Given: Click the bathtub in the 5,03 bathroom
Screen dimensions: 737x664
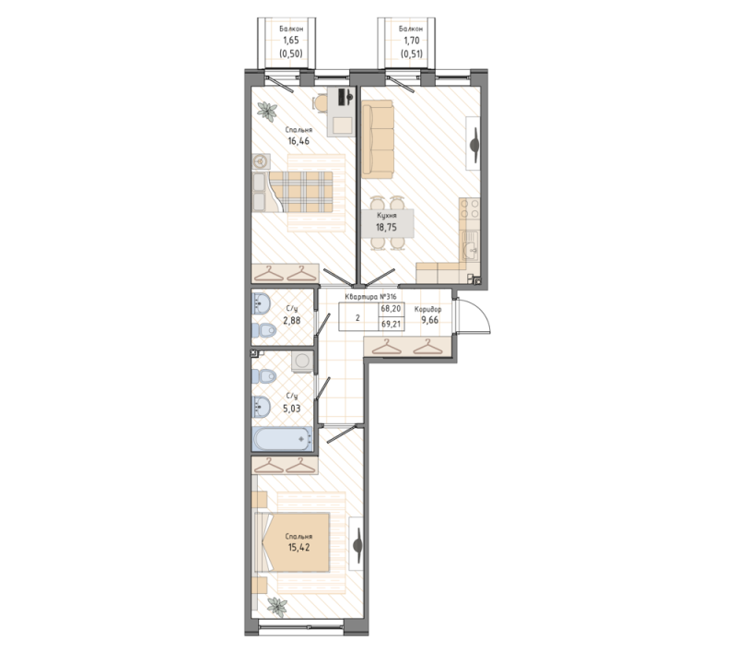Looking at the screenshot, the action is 282,439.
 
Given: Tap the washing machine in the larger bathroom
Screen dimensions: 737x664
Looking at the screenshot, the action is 302,361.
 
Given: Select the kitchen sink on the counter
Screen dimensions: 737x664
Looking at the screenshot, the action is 470,246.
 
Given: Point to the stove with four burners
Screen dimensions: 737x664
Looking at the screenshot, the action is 470,208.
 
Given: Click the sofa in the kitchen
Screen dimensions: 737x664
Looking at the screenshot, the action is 378,139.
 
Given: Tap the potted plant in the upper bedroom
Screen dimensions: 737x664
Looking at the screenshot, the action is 267,112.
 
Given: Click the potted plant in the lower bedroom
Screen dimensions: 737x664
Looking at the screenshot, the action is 277,607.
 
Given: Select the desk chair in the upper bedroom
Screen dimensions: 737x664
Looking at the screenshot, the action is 321,103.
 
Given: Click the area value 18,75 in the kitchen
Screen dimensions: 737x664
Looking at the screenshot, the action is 386,227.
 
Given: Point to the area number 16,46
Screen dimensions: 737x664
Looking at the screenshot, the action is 298,141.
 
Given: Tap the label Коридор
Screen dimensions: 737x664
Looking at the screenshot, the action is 427,310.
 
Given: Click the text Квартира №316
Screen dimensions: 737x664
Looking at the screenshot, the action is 371,297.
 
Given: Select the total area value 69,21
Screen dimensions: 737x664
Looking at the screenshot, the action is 391,324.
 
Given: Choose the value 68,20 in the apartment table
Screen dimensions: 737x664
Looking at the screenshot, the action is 391,309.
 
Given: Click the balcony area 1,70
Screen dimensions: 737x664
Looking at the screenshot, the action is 411,41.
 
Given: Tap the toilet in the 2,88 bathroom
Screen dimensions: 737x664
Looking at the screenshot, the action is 263,330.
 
